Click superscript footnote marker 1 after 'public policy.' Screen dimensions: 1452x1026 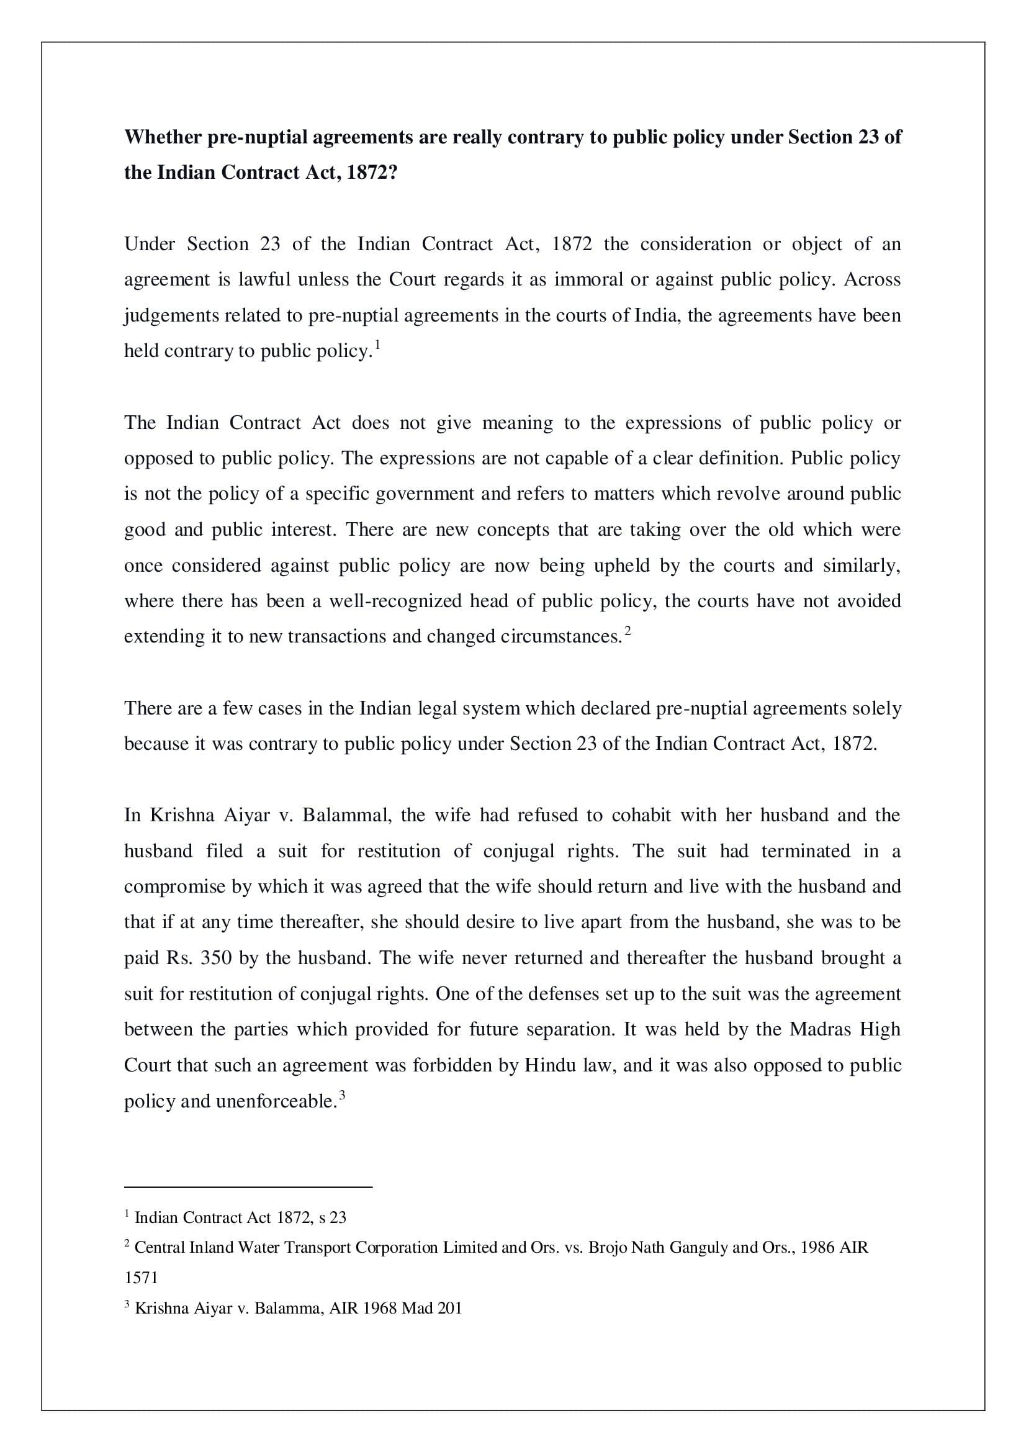click(x=377, y=345)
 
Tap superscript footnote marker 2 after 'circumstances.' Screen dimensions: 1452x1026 click(x=628, y=631)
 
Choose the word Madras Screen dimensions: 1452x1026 click(x=819, y=1029)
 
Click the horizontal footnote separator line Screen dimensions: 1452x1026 click(x=248, y=1188)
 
